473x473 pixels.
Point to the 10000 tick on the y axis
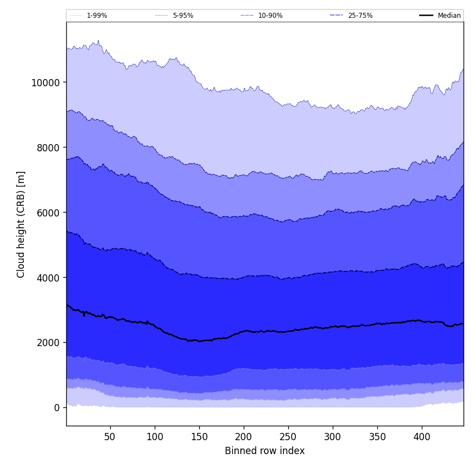click(46, 82)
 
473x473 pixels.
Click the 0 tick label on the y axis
click(57, 408)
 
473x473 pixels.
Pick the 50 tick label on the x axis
click(110, 437)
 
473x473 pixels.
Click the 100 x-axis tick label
click(155, 437)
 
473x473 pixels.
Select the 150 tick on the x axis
click(199, 437)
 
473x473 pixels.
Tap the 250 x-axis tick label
click(288, 437)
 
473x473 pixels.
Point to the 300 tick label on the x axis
click(333, 437)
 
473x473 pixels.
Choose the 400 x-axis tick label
click(422, 437)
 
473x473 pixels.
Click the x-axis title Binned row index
click(264, 451)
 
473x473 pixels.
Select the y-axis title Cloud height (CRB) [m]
click(21, 224)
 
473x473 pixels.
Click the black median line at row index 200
click(244, 331)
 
